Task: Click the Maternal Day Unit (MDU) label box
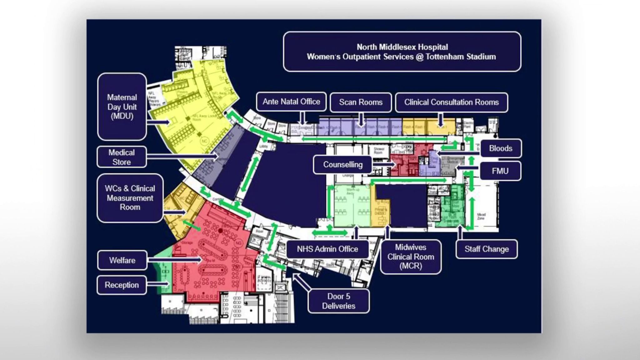coord(122,107)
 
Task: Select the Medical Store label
coord(122,157)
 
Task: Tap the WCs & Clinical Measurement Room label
coord(130,198)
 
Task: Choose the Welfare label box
coord(122,260)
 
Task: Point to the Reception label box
coord(122,285)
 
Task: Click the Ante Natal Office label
coord(291,102)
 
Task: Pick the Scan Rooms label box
coord(361,102)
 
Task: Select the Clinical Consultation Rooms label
coord(451,102)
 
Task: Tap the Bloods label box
coord(501,148)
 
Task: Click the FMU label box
coord(500,171)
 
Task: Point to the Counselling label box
coord(343,165)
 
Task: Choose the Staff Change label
coord(487,249)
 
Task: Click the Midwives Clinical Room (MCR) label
coord(411,257)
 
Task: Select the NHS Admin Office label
coord(327,249)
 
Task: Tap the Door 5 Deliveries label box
coord(338,301)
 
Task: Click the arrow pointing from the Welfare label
coord(175,259)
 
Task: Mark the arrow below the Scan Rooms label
coord(361,120)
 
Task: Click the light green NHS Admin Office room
coord(352,206)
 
